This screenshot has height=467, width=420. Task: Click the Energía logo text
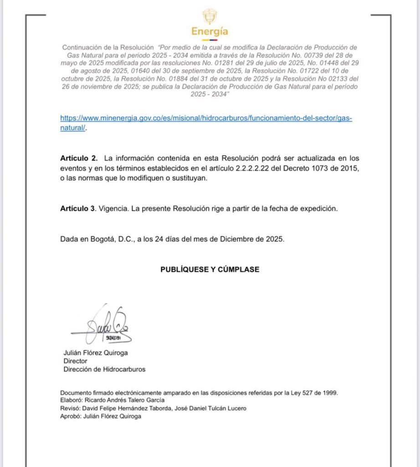click(210, 32)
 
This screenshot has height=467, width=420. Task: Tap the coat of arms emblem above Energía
click(210, 16)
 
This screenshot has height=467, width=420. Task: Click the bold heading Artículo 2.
click(79, 158)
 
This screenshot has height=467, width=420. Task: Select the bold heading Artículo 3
click(78, 208)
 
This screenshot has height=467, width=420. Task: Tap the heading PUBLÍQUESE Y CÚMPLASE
click(210, 270)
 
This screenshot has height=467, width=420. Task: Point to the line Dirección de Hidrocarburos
click(104, 369)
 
